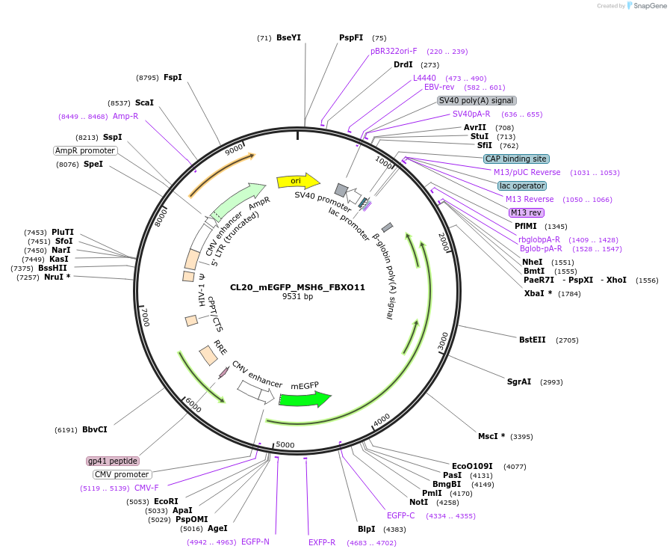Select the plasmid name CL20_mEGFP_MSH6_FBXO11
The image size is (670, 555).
click(297, 287)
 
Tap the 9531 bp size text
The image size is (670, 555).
click(297, 297)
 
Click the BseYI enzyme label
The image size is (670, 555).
click(288, 37)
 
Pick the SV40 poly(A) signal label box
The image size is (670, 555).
click(477, 100)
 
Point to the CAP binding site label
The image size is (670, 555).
click(516, 159)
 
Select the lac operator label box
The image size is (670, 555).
click(522, 185)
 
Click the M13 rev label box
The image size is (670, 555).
click(527, 212)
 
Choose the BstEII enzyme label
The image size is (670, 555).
click(533, 340)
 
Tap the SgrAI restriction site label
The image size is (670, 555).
click(519, 381)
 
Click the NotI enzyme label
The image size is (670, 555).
click(418, 502)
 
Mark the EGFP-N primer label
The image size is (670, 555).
click(255, 542)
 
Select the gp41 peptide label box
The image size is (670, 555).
click(113, 461)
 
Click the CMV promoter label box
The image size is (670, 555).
click(122, 474)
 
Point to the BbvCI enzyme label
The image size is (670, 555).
click(95, 429)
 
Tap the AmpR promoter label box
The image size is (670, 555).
click(85, 150)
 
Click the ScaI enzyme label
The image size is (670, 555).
click(144, 102)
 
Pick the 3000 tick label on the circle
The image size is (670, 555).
click(443, 341)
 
